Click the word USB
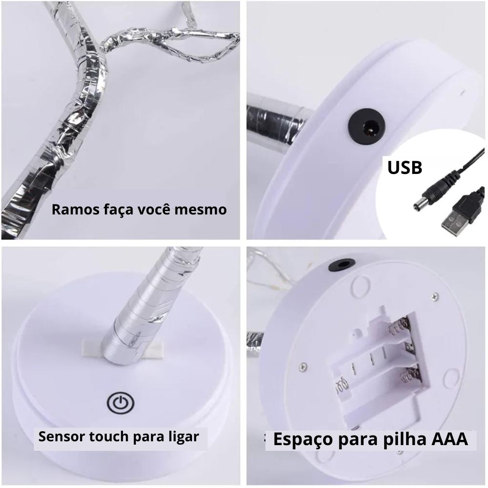tap(405, 167)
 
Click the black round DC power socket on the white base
tap(367, 126)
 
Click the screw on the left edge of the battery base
tap(302, 367)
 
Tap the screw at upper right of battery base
tap(435, 296)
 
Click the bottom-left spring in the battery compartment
tap(341, 385)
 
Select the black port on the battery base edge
tap(342, 265)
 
